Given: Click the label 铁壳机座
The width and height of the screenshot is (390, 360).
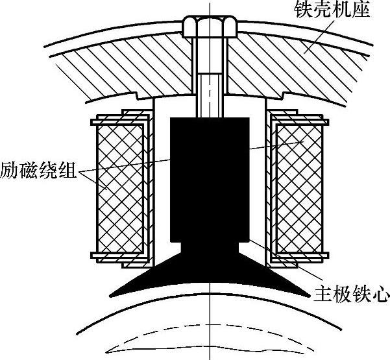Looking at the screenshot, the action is point(332,10).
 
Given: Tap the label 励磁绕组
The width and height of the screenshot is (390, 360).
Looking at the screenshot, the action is point(38,171).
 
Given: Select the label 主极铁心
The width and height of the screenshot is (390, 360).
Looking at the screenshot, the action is point(351,294).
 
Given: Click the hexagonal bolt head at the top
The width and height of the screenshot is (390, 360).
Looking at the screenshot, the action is point(209,27).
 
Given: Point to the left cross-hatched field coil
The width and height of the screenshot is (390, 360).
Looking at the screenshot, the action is point(121,189).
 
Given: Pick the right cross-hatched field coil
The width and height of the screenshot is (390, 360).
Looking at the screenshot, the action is point(299,189).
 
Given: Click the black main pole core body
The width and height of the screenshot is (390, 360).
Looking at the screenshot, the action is point(210,199).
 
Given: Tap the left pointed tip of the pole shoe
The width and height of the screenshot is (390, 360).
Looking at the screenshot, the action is point(111,296).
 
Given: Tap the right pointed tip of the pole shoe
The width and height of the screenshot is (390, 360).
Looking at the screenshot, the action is point(310,296).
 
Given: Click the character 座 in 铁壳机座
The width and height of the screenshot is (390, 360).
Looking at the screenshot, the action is point(361,10).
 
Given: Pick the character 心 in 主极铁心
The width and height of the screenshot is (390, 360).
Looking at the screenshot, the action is point(381,294).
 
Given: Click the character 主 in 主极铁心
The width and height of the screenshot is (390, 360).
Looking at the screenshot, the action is point(323,294).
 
